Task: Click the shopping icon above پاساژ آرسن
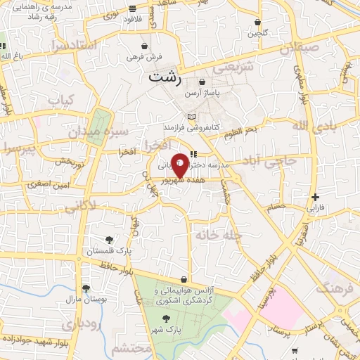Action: (x=202, y=82)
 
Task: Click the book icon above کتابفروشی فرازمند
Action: (x=191, y=117)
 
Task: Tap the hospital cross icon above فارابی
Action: (x=316, y=198)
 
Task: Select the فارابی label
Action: (x=315, y=209)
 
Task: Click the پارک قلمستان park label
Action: (x=105, y=251)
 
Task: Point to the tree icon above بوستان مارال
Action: (x=86, y=288)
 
